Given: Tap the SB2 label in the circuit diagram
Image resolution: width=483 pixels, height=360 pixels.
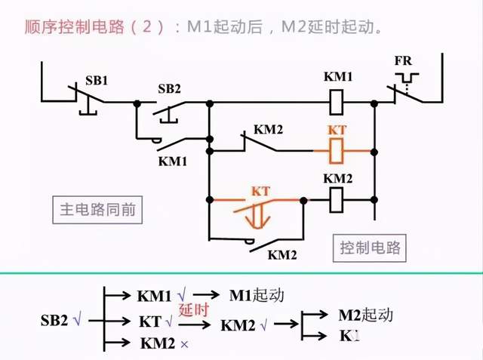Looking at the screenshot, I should pyautogui.click(x=170, y=88).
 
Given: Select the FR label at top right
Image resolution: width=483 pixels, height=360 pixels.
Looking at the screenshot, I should pyautogui.click(x=403, y=60).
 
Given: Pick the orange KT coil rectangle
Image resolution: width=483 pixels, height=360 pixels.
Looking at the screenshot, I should pyautogui.click(x=337, y=152).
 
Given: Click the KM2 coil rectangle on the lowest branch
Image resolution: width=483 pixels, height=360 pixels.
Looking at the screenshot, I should pyautogui.click(x=337, y=201).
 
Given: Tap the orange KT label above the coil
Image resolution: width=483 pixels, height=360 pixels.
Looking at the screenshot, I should pyautogui.click(x=337, y=130).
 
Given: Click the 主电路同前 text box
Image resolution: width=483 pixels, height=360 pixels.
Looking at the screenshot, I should pyautogui.click(x=98, y=209).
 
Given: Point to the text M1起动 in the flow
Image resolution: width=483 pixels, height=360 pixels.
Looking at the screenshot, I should pyautogui.click(x=257, y=295).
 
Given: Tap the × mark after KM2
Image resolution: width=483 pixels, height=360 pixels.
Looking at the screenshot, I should pyautogui.click(x=183, y=344).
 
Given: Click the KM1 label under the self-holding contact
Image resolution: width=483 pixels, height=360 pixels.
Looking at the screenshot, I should pyautogui.click(x=172, y=162).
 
